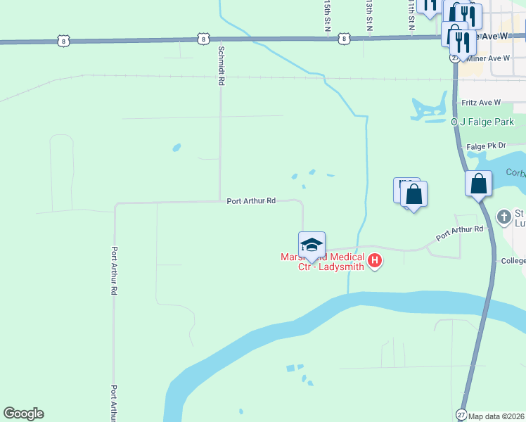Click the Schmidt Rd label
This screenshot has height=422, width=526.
(221, 67)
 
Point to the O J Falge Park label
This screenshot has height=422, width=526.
(482, 122)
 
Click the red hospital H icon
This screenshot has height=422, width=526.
(375, 262)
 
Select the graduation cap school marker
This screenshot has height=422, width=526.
(312, 245)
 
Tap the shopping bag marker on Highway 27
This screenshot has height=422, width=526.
(478, 184)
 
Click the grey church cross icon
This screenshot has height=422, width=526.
(503, 217)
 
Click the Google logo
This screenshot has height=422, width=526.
(23, 414)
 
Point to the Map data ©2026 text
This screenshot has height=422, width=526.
(496, 416)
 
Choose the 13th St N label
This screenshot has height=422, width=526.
(368, 14)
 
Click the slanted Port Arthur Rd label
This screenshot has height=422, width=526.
(460, 233)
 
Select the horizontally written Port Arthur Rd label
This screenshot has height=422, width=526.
(250, 200)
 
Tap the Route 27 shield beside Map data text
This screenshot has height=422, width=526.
(461, 414)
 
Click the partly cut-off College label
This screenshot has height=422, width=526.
(513, 261)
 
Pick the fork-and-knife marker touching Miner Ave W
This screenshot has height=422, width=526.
(464, 44)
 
